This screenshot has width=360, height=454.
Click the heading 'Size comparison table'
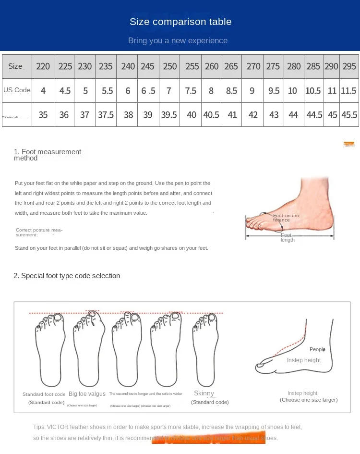pos(180,22)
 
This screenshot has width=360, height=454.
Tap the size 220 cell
pos(43,66)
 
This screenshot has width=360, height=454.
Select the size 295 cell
pos(349,66)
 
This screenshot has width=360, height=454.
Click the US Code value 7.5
pos(191,91)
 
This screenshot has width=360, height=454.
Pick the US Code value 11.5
pos(348,91)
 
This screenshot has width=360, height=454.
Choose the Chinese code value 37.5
pos(106,115)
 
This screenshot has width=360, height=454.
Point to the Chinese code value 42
pos(253,115)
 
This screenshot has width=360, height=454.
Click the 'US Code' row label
pos(17,90)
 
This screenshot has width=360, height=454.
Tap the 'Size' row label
pos(15,66)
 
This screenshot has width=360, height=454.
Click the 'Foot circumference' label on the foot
pos(286,218)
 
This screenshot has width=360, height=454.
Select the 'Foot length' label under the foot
pos(287,237)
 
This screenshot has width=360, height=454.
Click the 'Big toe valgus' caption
pos(87,394)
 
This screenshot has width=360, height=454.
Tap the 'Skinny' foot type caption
pos(204,393)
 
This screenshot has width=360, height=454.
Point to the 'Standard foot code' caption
pos(44,394)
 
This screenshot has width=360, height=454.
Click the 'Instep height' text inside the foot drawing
pos(304,360)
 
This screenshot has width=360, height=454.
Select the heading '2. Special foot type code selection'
pos(67,276)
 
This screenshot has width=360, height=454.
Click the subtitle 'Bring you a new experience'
pos(178,41)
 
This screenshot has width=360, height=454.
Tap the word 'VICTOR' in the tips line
pos(58,427)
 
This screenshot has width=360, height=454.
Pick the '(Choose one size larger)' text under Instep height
pos(309,400)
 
